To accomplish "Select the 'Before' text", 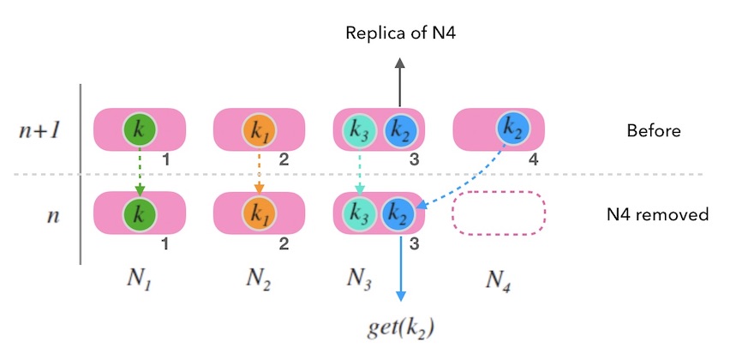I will pyautogui.click(x=654, y=131).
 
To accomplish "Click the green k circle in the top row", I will pyautogui.click(x=139, y=129).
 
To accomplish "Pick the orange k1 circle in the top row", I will pyautogui.click(x=258, y=130).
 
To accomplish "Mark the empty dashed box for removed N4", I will pyautogui.click(x=499, y=213).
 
